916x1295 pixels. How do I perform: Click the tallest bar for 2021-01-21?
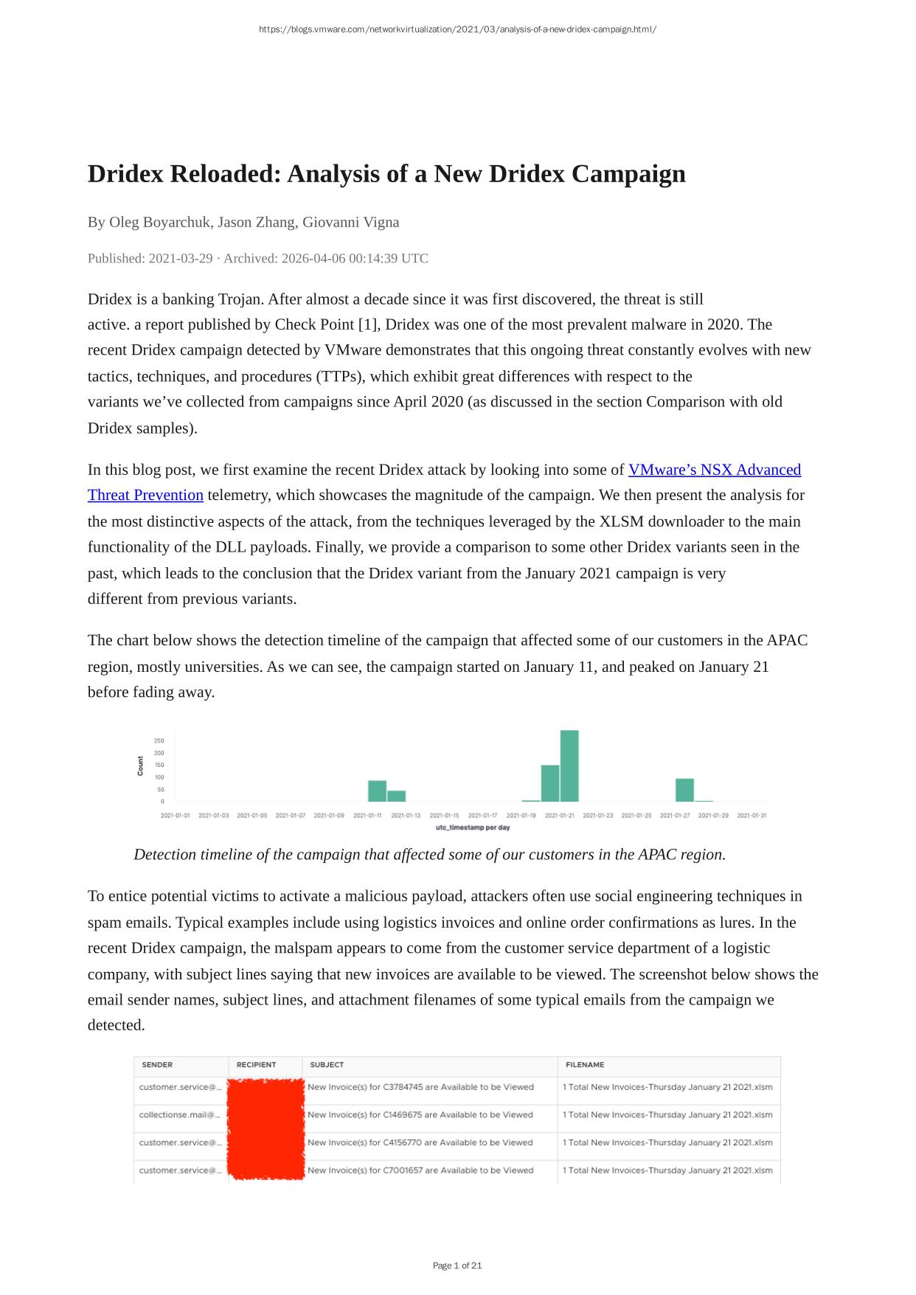pos(569,765)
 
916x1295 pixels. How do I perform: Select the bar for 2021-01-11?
pos(377,791)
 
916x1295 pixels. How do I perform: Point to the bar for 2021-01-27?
pos(684,790)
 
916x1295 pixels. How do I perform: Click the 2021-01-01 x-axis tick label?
pos(175,816)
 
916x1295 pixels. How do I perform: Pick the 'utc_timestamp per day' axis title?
pos(473,827)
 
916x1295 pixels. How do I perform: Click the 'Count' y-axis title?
pos(140,765)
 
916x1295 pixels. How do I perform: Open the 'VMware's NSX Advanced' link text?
pos(714,470)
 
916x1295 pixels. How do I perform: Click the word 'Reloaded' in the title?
pos(225,174)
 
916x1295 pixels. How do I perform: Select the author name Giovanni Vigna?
pos(351,222)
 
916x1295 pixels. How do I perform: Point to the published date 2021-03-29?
pos(181,258)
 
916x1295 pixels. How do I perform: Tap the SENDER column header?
pos(157,1065)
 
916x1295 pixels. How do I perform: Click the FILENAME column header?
pos(585,1065)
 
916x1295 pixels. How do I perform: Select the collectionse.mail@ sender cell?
pos(180,1115)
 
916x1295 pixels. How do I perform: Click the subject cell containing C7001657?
pos(420,1170)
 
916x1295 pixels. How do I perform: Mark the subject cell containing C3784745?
pos(420,1087)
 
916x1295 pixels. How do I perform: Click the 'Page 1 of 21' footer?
pos(457,1266)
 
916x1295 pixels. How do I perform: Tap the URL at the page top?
pos(457,29)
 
